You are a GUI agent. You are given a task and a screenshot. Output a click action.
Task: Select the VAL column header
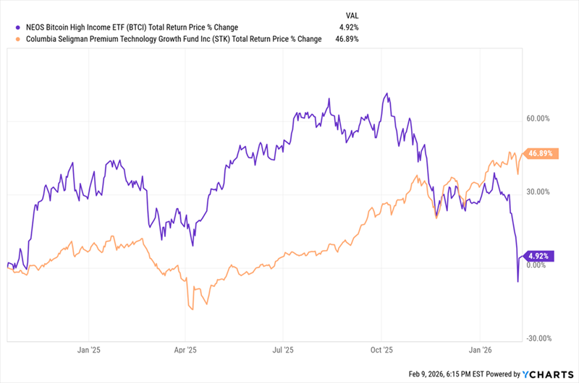pyautogui.click(x=351, y=14)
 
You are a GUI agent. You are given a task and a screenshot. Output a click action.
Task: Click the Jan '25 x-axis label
pyautogui.click(x=88, y=348)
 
